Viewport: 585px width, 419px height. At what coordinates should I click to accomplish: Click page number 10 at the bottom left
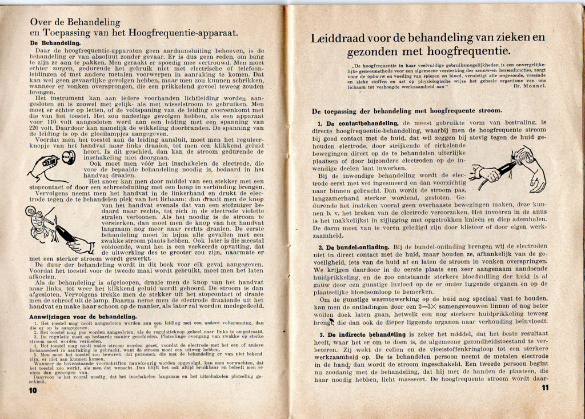pos(33,390)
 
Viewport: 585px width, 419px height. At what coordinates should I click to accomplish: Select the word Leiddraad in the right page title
pos(338,39)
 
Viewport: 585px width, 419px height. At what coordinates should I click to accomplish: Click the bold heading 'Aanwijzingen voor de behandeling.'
pos(83,316)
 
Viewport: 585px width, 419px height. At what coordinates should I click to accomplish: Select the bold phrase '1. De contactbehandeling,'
pos(359,123)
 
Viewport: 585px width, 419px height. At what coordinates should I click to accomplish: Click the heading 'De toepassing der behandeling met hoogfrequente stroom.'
pos(407,110)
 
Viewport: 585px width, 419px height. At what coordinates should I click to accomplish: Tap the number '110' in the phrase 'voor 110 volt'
pos(51,121)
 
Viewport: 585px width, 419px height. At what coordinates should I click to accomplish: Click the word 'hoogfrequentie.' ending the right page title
pos(487,51)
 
